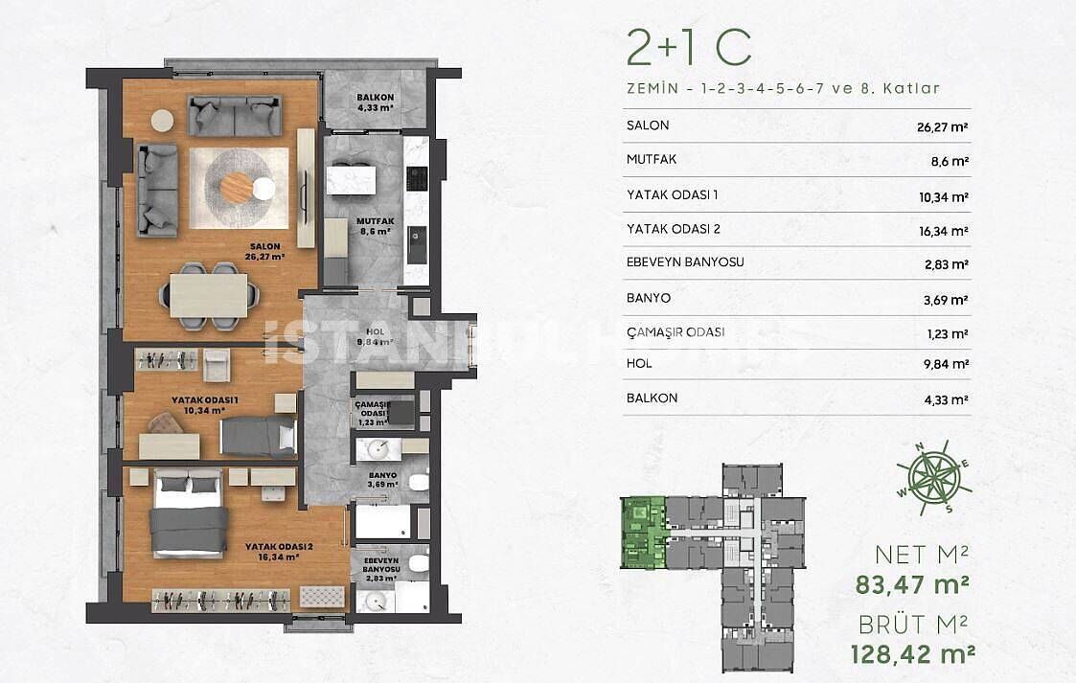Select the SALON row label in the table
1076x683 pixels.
tap(647, 125)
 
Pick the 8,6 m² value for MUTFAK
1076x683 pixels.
tap(949, 161)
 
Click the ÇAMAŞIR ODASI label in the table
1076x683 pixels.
tap(675, 332)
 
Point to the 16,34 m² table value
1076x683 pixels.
tap(943, 230)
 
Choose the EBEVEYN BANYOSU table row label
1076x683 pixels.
tap(685, 262)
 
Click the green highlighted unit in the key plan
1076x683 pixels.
tap(643, 531)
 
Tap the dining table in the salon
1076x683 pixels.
tap(209, 295)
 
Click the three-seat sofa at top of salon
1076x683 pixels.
tap(235, 116)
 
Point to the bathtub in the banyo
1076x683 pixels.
tap(382, 524)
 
